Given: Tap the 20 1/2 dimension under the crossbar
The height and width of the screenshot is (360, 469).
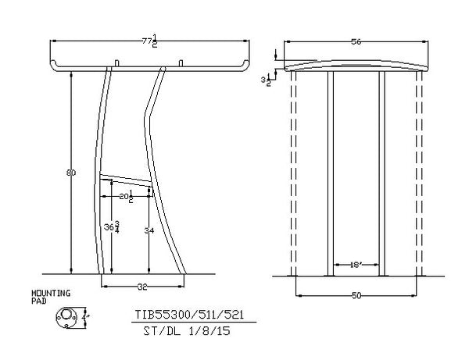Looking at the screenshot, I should coord(127,198).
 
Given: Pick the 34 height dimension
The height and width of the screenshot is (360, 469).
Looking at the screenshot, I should coord(149,231).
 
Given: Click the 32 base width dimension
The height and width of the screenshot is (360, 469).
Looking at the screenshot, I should coord(142,287).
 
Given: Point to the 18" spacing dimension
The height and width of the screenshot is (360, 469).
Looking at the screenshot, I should coord(356,266).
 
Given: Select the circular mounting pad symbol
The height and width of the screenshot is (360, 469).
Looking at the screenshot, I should coord(67,316).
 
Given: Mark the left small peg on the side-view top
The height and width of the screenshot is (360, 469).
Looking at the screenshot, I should coord(116,62).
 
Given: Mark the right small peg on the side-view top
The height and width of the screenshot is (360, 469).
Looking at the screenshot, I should coord(181,62).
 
